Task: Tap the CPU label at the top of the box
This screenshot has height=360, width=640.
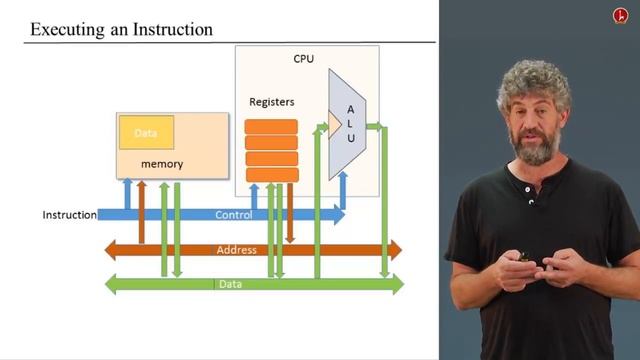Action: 304,59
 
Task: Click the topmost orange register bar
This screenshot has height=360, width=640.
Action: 271,126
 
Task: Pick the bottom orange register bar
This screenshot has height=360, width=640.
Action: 271,175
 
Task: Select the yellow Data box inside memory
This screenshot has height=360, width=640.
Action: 147,133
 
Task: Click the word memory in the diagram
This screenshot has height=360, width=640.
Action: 161,163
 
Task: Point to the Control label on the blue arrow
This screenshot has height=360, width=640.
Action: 232,215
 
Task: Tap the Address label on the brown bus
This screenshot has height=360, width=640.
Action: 237,250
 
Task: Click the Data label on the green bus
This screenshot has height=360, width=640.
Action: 230,284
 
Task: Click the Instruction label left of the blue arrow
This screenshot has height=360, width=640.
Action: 69,215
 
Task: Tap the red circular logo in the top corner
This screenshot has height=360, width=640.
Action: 619,15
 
